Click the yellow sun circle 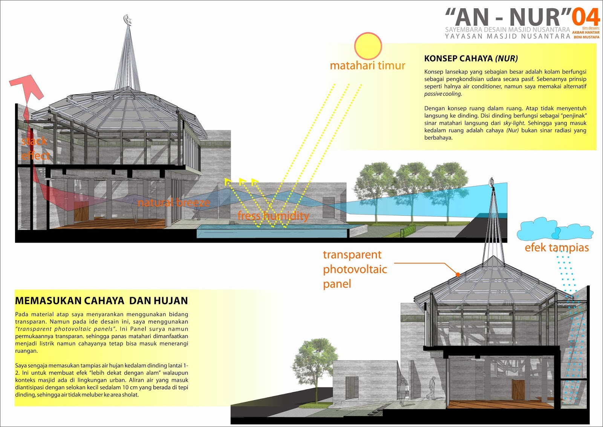[x=368, y=46]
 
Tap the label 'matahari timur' [x=367, y=66]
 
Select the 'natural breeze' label [x=173, y=203]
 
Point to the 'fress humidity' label [x=273, y=216]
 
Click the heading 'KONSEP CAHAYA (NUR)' [x=471, y=58]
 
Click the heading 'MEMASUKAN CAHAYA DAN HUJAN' [x=101, y=301]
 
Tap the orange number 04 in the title [x=586, y=17]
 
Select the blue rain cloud [x=554, y=229]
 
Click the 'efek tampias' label [x=557, y=247]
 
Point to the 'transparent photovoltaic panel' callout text [x=355, y=269]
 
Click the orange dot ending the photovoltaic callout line [x=458, y=274]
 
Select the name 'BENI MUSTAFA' [x=586, y=37]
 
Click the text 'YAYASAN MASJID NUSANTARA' [x=507, y=37]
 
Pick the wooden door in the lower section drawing [x=518, y=390]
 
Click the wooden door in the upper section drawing [x=81, y=214]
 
